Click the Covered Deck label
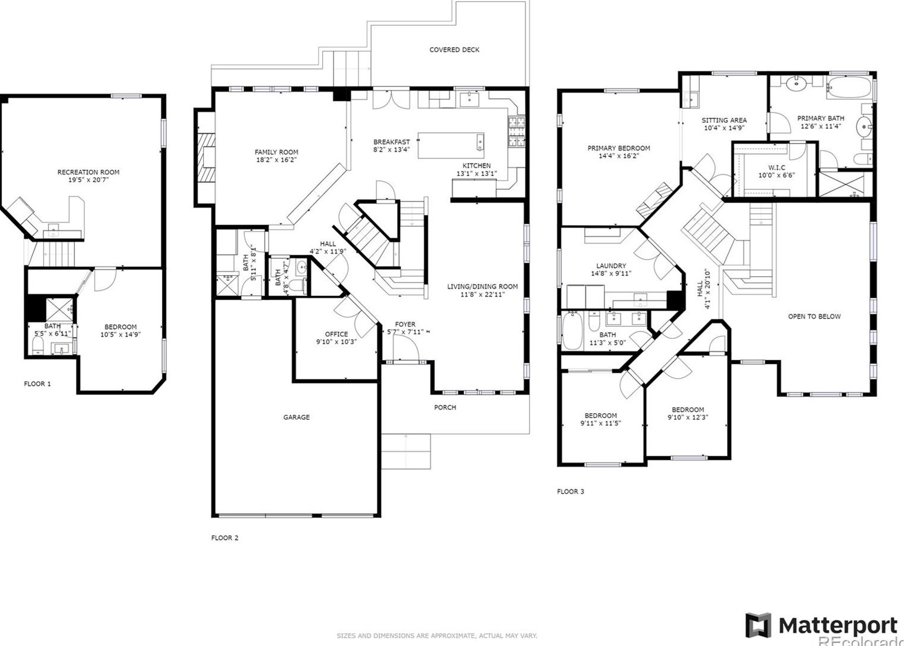[x=454, y=50]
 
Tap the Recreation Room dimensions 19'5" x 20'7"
[x=88, y=180]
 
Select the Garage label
[x=296, y=417]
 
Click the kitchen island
[x=451, y=146]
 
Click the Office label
[x=336, y=334]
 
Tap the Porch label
[x=445, y=407]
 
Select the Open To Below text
[x=814, y=316]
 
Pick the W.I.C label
[x=777, y=168]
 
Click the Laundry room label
[x=611, y=266]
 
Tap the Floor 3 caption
[x=570, y=492]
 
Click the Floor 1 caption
[x=37, y=384]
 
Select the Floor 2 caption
[x=225, y=538]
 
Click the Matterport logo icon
[x=758, y=626]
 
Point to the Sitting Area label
[x=724, y=120]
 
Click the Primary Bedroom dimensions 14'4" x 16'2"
[x=619, y=156]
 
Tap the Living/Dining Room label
[x=482, y=286]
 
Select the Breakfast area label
[x=391, y=142]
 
